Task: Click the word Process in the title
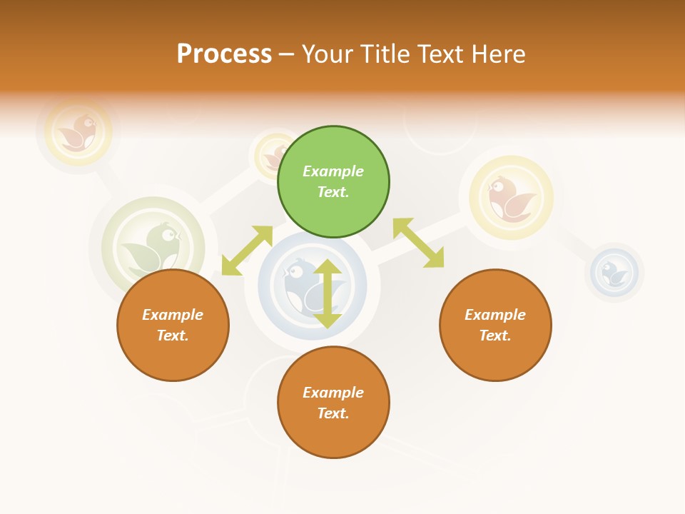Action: tap(224, 54)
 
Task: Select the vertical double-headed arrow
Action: tap(328, 293)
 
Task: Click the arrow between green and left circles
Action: tap(247, 251)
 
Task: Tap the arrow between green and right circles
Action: tap(418, 243)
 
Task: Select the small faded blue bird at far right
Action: tap(614, 272)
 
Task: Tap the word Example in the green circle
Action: tap(333, 171)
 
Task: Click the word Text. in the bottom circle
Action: tap(333, 413)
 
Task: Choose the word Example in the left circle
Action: tap(173, 315)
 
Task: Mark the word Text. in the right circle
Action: tap(495, 336)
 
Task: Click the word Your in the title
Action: tap(325, 54)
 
